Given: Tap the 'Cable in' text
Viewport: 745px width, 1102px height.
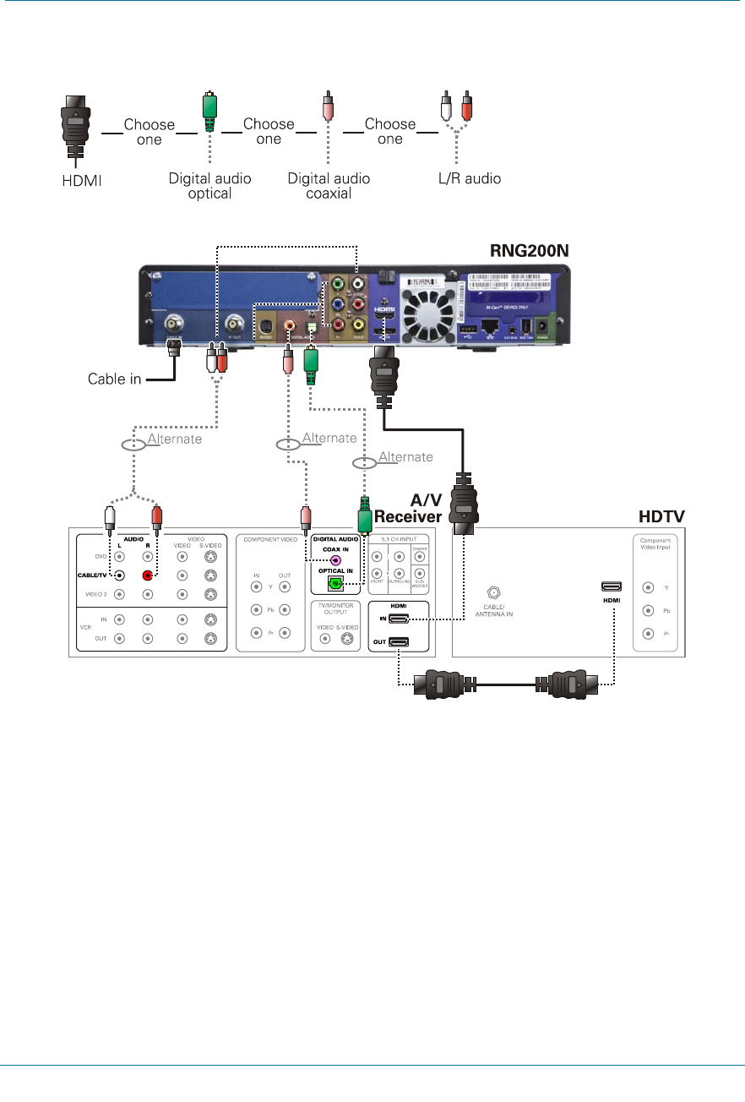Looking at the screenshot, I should click(114, 379).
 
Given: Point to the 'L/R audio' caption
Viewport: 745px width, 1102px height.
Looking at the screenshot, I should click(461, 179).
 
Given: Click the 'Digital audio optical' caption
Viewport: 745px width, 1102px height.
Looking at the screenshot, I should click(209, 186).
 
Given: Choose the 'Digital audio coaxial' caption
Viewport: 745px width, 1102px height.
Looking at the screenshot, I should click(329, 186).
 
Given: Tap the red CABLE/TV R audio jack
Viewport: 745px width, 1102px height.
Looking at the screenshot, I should click(148, 575).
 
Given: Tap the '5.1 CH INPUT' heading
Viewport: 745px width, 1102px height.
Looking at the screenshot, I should click(400, 537).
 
